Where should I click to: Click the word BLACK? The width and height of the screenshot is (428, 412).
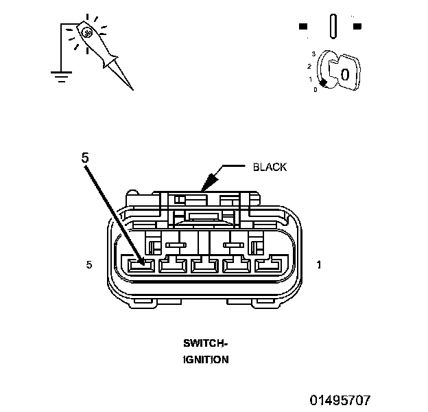(270, 167)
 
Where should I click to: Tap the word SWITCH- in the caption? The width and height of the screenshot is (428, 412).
(205, 343)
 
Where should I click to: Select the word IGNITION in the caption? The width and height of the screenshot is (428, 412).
(206, 360)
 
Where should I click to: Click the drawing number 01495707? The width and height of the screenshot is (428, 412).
(340, 400)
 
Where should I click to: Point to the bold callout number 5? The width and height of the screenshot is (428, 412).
(85, 158)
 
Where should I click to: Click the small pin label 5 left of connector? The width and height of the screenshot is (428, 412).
(89, 264)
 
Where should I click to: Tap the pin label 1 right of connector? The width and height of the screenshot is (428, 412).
(318, 264)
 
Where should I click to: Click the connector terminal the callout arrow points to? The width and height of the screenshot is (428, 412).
(141, 266)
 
